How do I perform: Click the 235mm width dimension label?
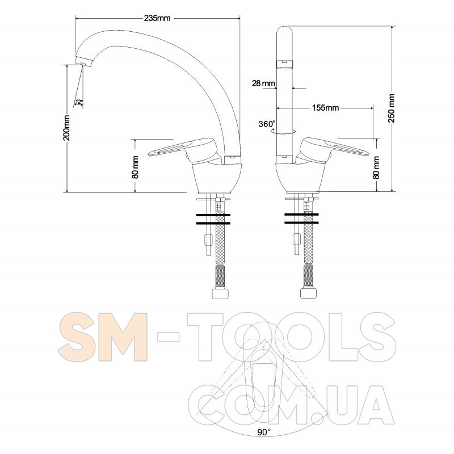click(x=157, y=18)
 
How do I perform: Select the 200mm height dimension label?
click(x=67, y=128)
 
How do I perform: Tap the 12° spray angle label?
click(x=79, y=102)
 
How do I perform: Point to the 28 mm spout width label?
click(x=263, y=83)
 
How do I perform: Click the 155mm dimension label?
click(x=325, y=108)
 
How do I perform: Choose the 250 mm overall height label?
click(x=392, y=108)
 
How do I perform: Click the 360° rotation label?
click(x=266, y=124)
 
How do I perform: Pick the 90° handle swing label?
click(x=263, y=432)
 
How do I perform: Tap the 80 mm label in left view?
click(x=135, y=167)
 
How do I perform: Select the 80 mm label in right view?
click(x=376, y=167)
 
